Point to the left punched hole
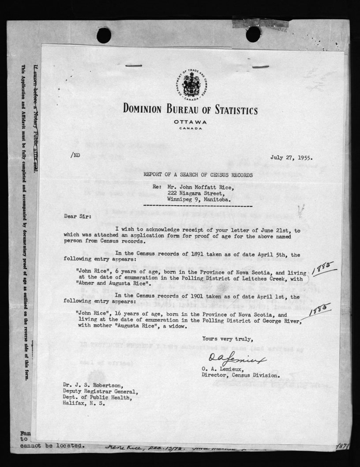pos(104,35)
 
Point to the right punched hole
pos(253,34)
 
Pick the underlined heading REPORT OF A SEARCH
pos(198,175)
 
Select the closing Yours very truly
pos(228,339)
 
